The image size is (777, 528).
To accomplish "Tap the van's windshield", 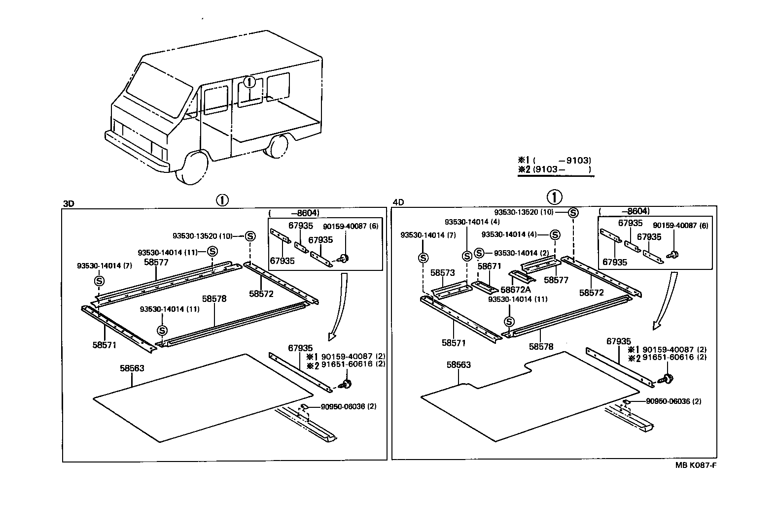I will [158, 91].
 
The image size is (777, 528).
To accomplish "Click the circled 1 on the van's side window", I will [250, 82].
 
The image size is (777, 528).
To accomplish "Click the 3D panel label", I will [69, 203].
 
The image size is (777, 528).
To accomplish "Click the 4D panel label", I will [398, 202].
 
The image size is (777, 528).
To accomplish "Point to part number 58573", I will [442, 272].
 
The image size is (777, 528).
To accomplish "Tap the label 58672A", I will [516, 290].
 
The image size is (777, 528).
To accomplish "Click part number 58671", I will [489, 266].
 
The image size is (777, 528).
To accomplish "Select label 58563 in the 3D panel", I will [132, 368].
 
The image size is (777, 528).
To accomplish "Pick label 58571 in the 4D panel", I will [454, 343].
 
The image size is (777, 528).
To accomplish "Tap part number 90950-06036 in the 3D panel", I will [343, 406].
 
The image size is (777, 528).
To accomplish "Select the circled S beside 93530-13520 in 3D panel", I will [250, 236].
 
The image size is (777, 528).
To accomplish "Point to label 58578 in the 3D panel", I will [214, 298].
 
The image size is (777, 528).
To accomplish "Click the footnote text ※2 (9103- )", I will [554, 169].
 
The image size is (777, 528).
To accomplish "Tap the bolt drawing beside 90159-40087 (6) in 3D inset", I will [344, 258].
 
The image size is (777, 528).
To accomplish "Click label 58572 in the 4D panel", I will [592, 292].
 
